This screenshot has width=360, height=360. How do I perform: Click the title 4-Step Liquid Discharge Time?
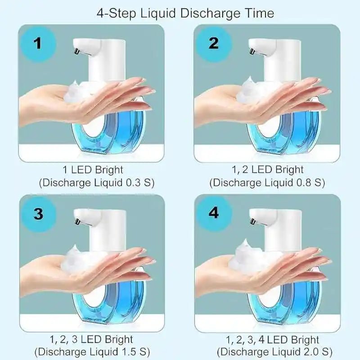pos(185,13)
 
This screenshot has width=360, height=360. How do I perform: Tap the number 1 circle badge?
pos(38,44)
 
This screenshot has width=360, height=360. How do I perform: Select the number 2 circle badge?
pos(213,44)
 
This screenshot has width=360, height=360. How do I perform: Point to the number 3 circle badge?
pos(38,213)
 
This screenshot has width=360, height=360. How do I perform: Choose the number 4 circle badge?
pos(213,213)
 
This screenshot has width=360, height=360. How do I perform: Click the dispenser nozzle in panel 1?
pos(76,51)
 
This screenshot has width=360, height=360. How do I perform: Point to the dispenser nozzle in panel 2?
pos(252,51)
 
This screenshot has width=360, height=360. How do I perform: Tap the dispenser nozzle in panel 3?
pos(77,221)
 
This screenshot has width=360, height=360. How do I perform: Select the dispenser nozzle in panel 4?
pos(252,221)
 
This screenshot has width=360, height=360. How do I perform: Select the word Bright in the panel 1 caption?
pos(109,170)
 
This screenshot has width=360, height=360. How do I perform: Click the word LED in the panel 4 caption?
pos(278,340)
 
